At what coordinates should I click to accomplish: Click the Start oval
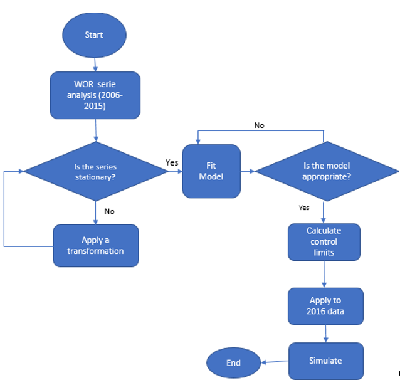click(x=94, y=34)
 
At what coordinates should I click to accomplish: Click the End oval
click(x=233, y=362)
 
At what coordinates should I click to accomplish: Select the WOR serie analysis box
click(x=95, y=95)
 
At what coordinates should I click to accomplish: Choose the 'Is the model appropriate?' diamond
click(x=327, y=171)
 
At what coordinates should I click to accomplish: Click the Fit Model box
click(x=211, y=171)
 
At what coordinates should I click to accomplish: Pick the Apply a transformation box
click(x=95, y=245)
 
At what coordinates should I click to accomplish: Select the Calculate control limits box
click(x=324, y=242)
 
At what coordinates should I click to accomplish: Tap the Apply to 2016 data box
click(x=325, y=305)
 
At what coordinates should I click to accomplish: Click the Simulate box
click(x=325, y=361)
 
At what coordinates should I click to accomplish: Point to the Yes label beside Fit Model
click(x=172, y=162)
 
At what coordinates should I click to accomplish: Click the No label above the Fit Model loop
click(x=259, y=125)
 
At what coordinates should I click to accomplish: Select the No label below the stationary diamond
click(x=109, y=211)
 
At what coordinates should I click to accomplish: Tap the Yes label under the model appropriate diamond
click(x=304, y=207)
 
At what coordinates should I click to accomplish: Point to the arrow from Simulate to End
click(x=274, y=362)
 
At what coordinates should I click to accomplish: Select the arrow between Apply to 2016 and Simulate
click(x=325, y=333)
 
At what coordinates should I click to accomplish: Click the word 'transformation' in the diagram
click(x=97, y=251)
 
